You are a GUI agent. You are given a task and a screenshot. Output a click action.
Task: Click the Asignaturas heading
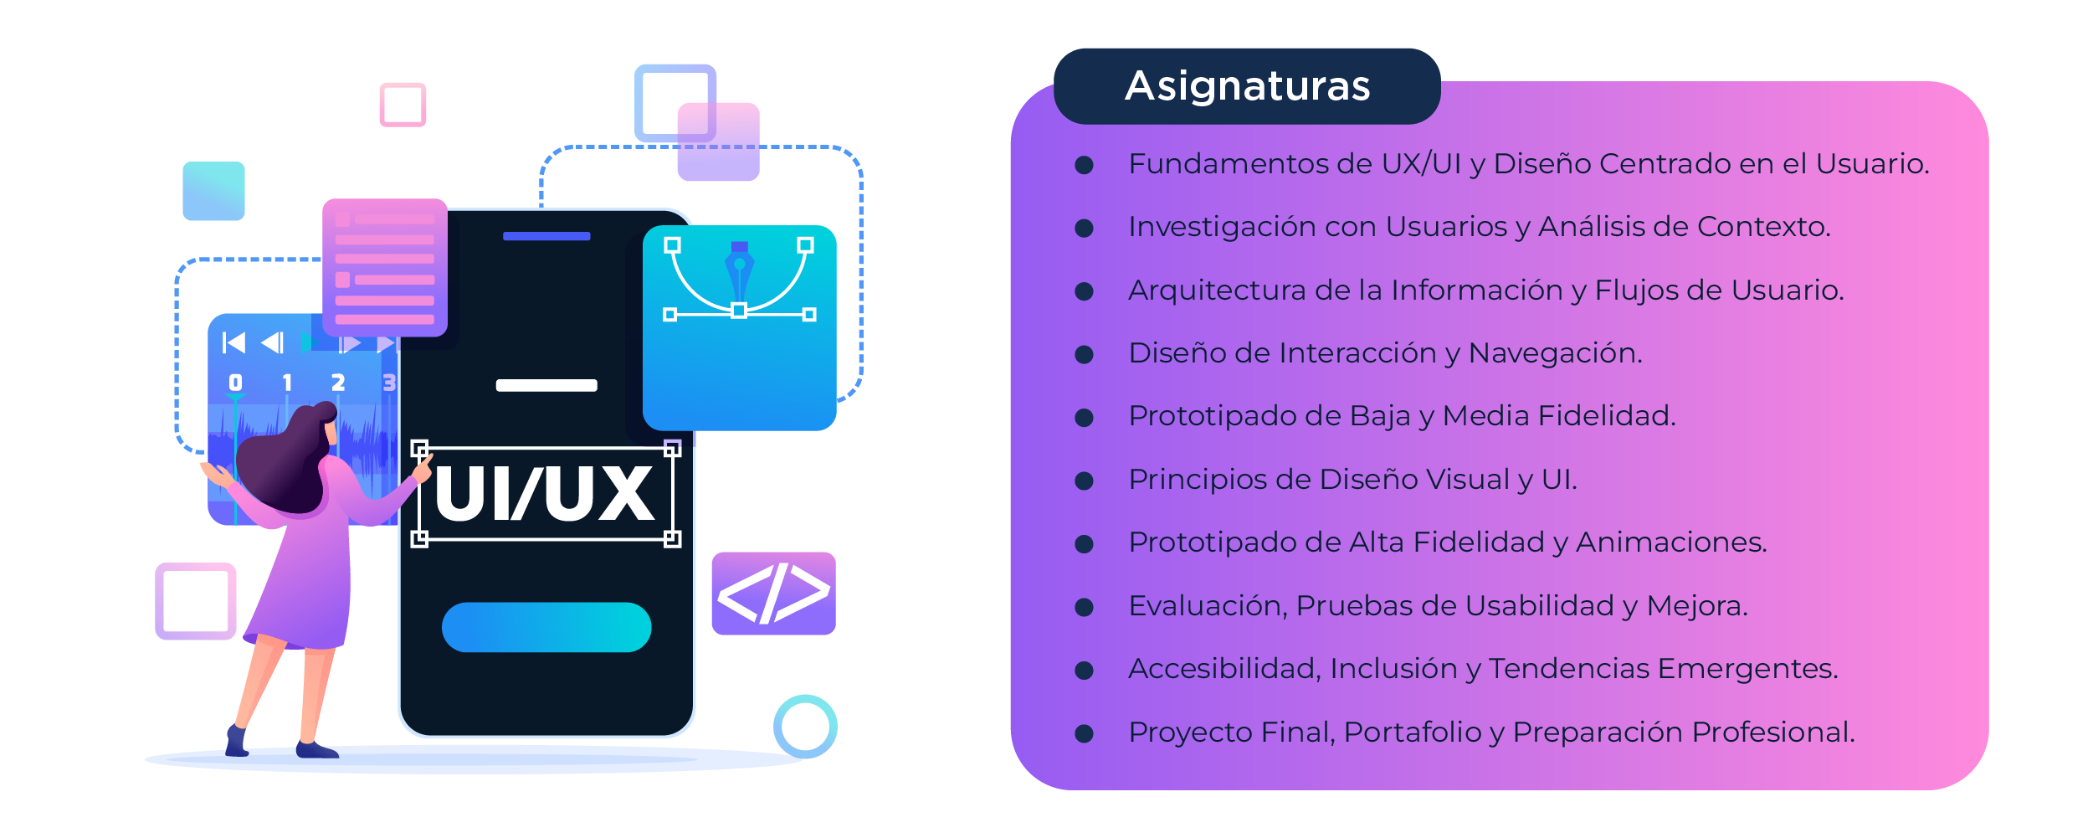coord(1247,86)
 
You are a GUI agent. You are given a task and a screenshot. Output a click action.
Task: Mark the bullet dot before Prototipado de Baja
coord(1084,418)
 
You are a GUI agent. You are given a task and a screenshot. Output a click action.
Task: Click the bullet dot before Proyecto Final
coord(1084,734)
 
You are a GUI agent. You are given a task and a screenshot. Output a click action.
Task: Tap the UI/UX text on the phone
coord(545,494)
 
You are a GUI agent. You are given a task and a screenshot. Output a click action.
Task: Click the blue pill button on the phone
coord(546,627)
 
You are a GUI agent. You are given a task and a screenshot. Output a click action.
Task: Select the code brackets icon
coord(773,593)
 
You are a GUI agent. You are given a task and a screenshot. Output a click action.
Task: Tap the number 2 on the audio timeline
coord(338,383)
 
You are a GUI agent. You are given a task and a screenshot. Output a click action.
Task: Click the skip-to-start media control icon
coord(233,342)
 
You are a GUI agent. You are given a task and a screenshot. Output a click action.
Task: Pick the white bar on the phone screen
coord(546,385)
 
